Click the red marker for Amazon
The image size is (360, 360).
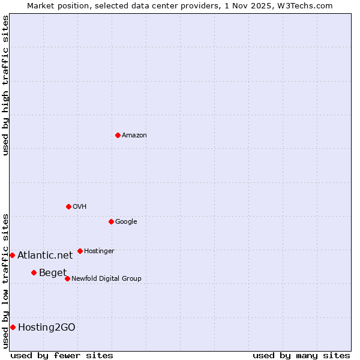coord(118,135)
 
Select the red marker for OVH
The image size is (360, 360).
coord(68,206)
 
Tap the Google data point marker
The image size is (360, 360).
coord(111,221)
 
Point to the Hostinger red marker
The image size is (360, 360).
coord(80,251)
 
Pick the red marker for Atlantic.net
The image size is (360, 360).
coord(12,255)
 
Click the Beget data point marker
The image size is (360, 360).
coord(34,272)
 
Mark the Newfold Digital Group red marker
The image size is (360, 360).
coord(67,278)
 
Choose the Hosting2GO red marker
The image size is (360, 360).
coord(13,327)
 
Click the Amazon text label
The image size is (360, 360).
coord(134,136)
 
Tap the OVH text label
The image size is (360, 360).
coord(80,207)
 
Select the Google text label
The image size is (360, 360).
coord(126,222)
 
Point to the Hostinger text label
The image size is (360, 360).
coord(99,251)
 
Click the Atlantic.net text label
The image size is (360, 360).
coord(45,256)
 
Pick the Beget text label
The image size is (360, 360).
coord(53,273)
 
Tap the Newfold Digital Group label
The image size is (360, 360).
coord(106,279)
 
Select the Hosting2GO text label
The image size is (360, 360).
coord(47,328)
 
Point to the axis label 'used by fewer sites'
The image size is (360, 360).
coord(62,355)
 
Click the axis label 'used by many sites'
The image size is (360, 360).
coord(301,355)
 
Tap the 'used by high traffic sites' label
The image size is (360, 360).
coord(5,85)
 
